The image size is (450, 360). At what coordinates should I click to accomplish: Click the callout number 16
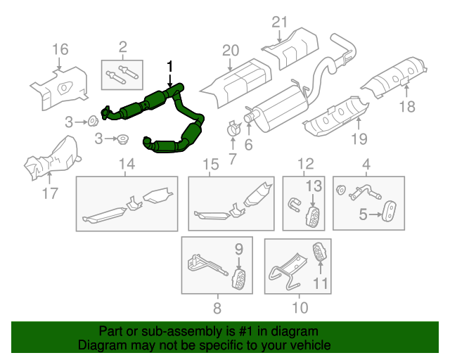click(60, 49)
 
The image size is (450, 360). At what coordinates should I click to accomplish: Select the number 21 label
click(280, 22)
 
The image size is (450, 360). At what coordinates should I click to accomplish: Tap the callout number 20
click(231, 50)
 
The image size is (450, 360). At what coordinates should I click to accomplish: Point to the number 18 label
click(407, 107)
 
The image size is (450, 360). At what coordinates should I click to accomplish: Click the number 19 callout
click(359, 139)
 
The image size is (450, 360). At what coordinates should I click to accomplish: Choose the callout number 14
click(126, 165)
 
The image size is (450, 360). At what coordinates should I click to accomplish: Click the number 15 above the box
click(211, 165)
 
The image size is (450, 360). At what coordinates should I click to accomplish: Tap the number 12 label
click(304, 165)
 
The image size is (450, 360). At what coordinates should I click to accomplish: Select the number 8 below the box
click(217, 307)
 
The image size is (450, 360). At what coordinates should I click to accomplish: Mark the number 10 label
click(299, 307)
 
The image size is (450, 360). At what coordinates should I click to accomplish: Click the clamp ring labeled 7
click(234, 129)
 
